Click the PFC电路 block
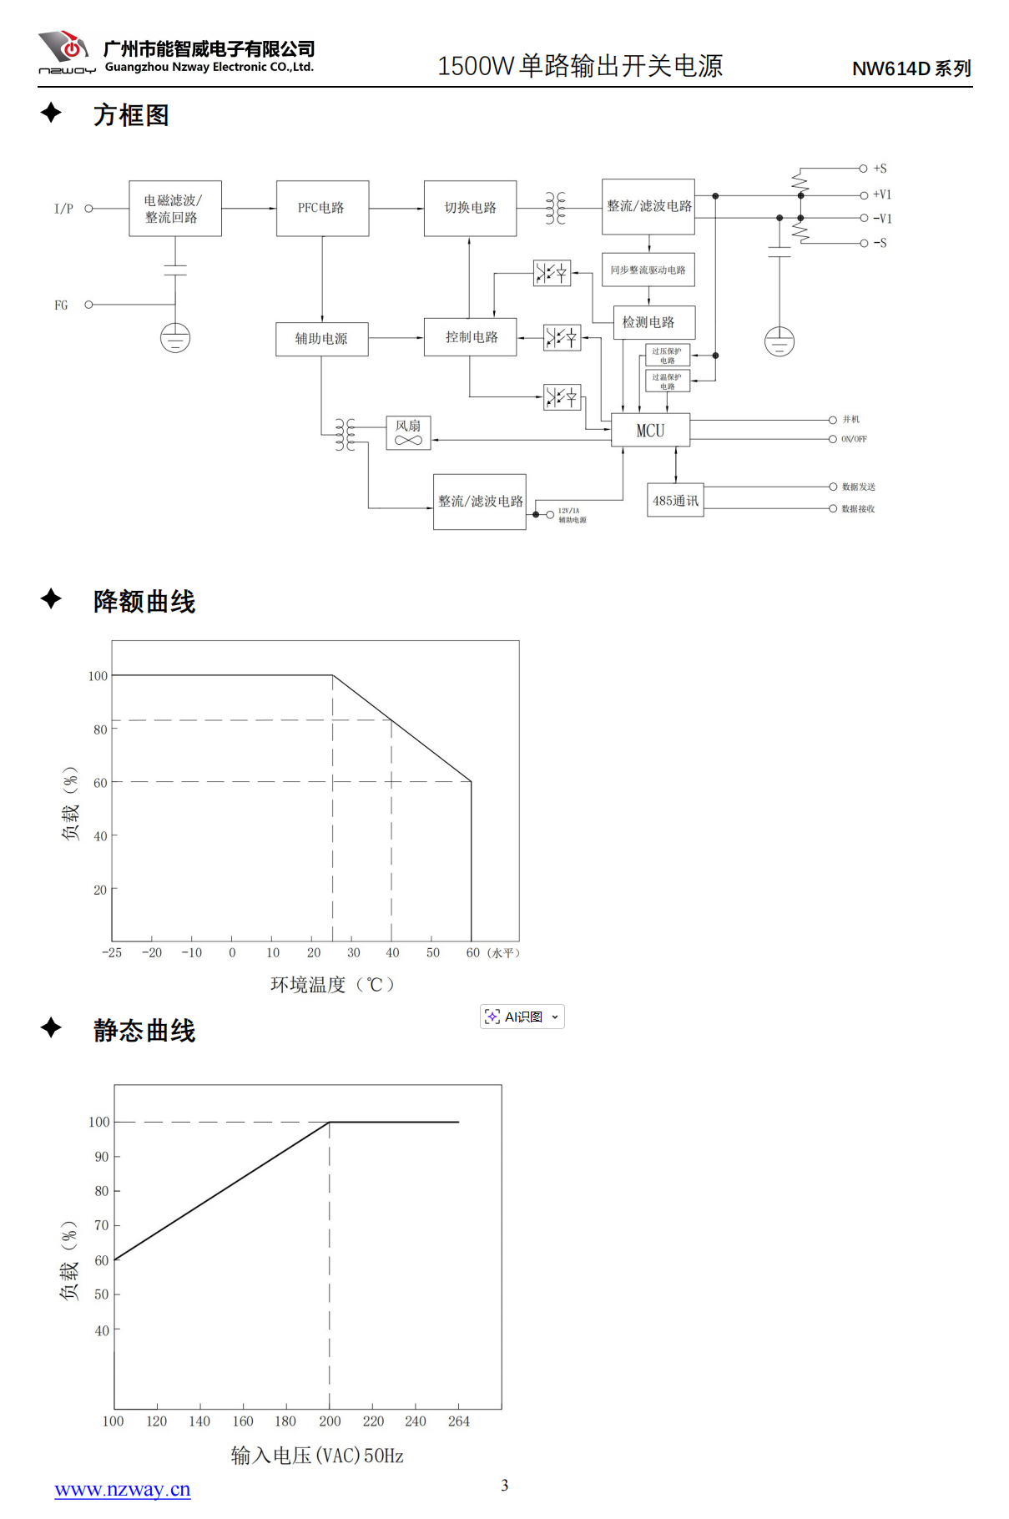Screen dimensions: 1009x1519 click(x=322, y=208)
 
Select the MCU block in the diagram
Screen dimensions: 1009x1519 click(x=651, y=430)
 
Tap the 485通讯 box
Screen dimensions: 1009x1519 click(x=675, y=500)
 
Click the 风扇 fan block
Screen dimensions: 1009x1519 click(x=408, y=432)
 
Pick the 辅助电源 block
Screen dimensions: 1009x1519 click(x=322, y=339)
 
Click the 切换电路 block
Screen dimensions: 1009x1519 click(x=470, y=208)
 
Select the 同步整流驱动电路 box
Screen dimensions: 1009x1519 click(x=648, y=270)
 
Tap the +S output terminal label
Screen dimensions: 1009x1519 click(x=880, y=169)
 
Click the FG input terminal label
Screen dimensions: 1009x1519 click(x=61, y=305)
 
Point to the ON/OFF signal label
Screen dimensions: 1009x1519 click(x=854, y=439)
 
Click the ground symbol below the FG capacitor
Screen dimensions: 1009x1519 click(x=175, y=338)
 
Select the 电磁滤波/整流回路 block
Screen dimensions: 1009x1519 click(x=175, y=209)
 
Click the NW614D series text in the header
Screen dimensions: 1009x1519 click(x=911, y=68)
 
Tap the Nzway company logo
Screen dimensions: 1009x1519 click(x=65, y=52)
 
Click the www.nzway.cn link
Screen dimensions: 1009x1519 click(x=123, y=1490)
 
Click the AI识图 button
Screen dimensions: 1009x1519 click(x=522, y=1017)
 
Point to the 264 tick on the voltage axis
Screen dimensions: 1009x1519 click(x=459, y=1421)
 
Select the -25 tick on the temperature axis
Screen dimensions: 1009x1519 click(x=112, y=952)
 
